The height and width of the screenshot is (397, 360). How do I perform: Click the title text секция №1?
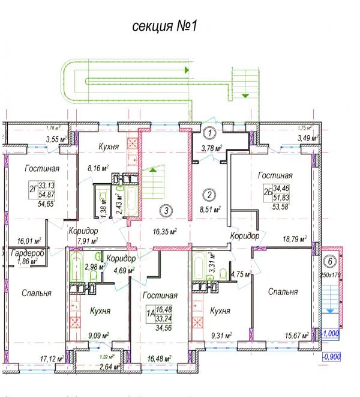pos(163,26)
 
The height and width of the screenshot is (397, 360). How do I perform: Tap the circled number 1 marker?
pos(209,133)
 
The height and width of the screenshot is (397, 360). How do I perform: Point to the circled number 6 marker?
pos(329,261)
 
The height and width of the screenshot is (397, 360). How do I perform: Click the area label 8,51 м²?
pos(209,210)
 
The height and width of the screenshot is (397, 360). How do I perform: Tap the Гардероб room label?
pos(28,254)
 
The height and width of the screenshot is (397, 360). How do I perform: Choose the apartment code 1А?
pos(151,312)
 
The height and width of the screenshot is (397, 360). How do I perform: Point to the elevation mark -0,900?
pos(332,356)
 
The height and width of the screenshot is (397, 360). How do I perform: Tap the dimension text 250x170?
pos(330,275)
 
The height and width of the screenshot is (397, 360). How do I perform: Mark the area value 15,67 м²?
pos(296,335)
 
